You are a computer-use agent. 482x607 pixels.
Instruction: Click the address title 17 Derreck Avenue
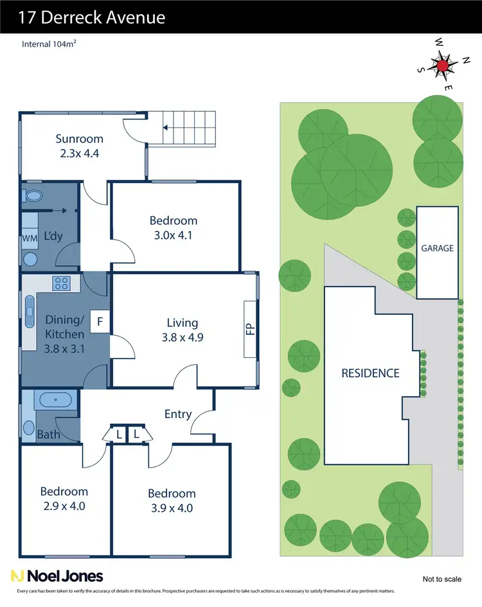[92, 17]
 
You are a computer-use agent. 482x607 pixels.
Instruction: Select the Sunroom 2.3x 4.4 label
[79, 146]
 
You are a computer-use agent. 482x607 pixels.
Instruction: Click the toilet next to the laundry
[33, 195]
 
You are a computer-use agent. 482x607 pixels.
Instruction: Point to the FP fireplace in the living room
[250, 328]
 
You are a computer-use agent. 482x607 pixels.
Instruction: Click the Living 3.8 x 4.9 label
[182, 330]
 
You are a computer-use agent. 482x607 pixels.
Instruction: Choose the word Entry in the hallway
[178, 414]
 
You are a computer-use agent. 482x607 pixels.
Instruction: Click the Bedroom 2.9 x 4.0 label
[64, 498]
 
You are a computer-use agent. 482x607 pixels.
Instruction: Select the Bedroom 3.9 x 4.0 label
[172, 500]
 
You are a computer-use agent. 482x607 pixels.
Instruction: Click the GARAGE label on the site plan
[437, 248]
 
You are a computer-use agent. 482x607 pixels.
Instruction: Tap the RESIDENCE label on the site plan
[370, 373]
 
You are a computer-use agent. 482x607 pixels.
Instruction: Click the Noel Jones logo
[57, 576]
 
